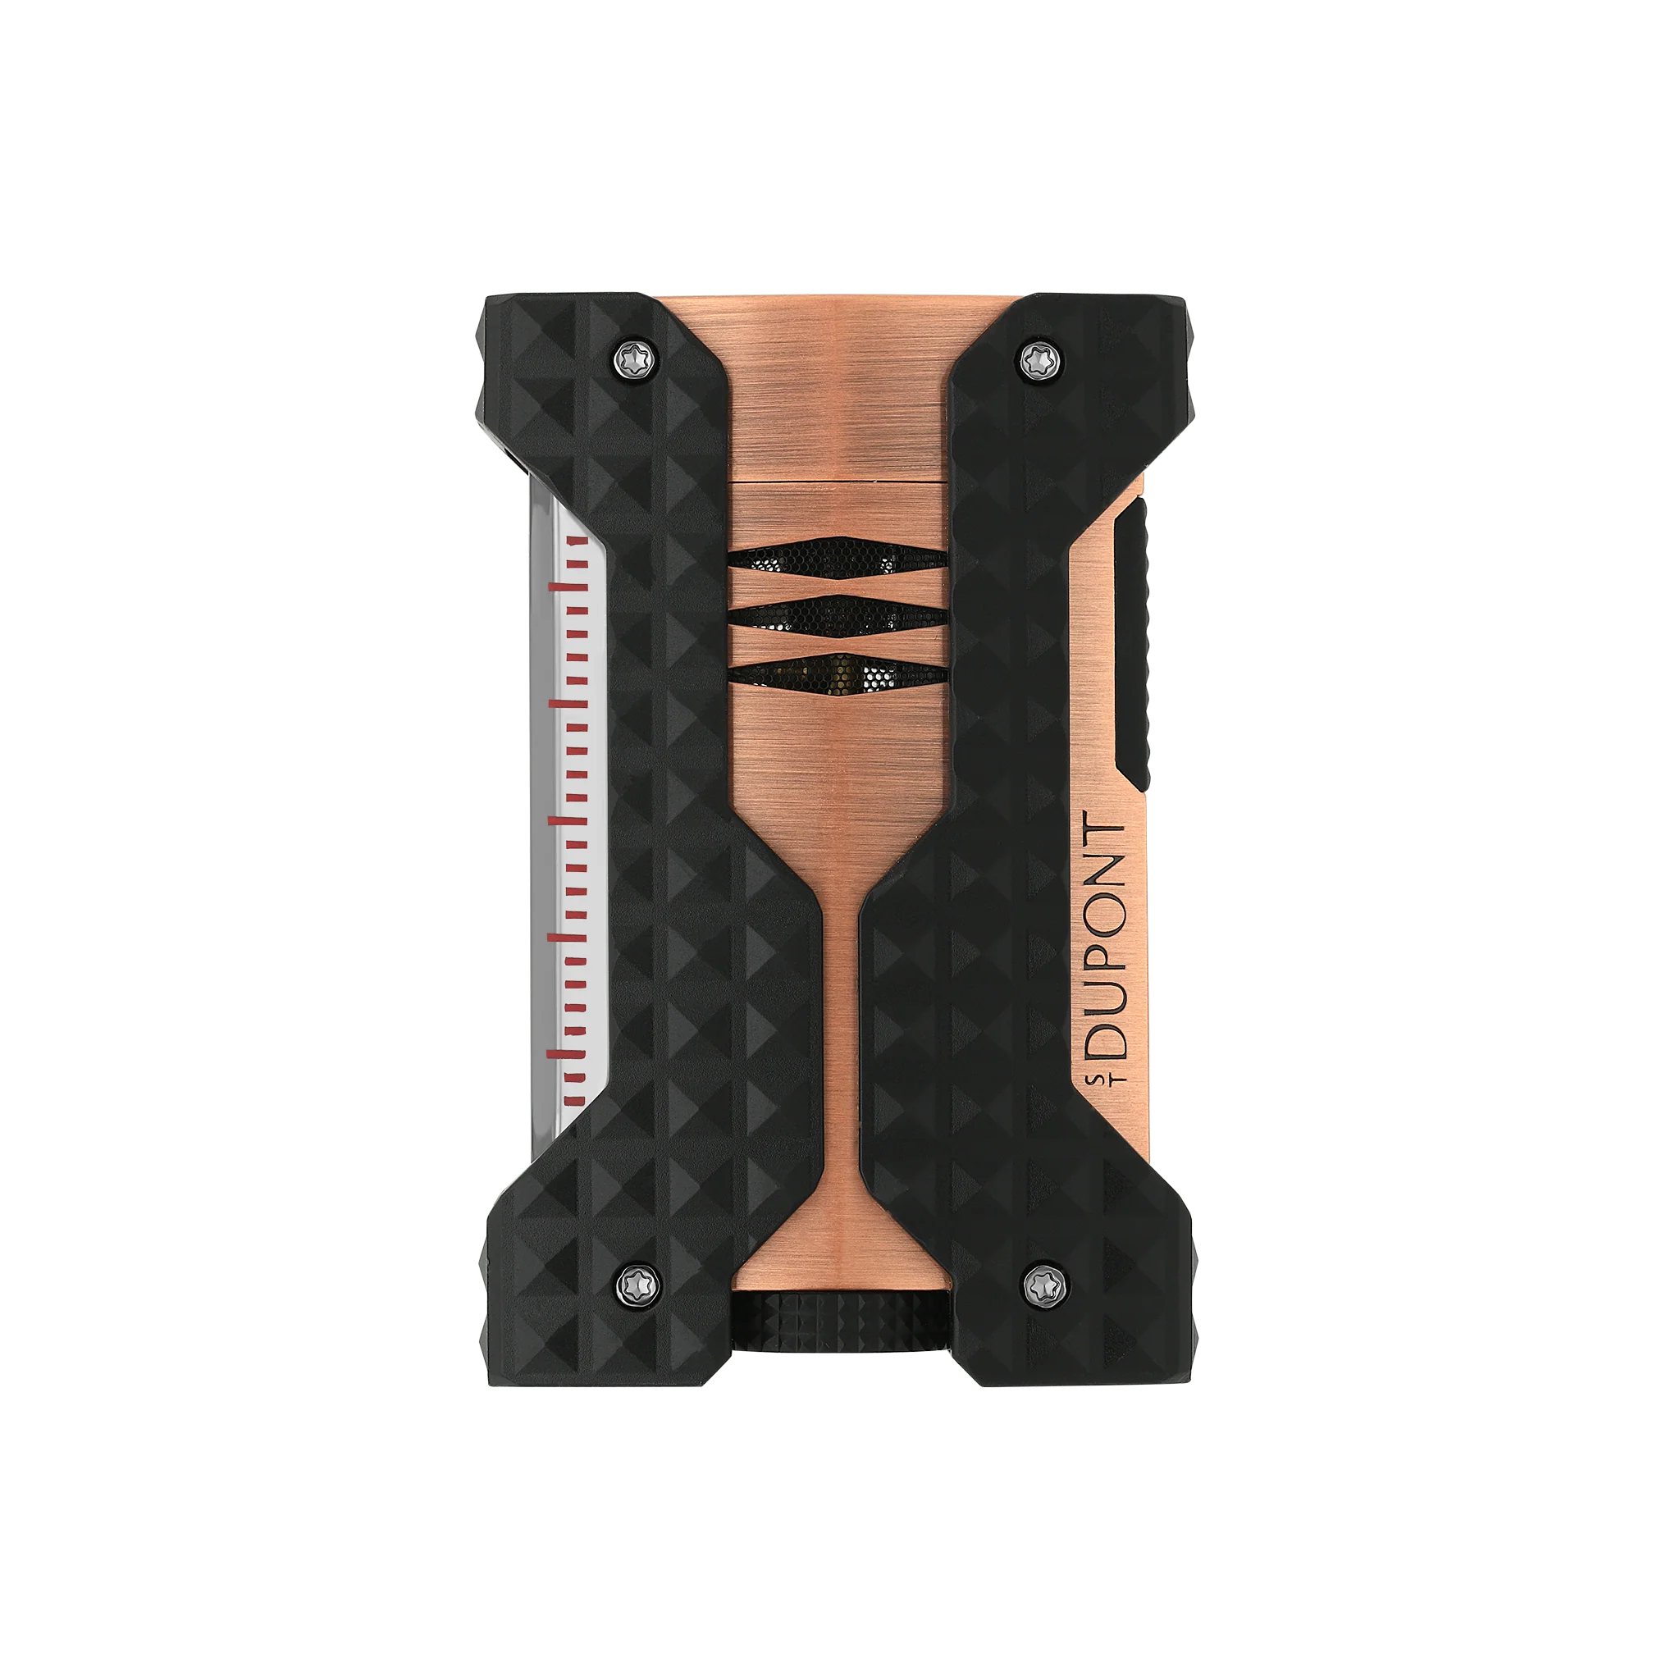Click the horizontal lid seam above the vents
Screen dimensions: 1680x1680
click(x=837, y=480)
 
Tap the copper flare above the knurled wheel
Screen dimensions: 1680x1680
click(x=839, y=1252)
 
